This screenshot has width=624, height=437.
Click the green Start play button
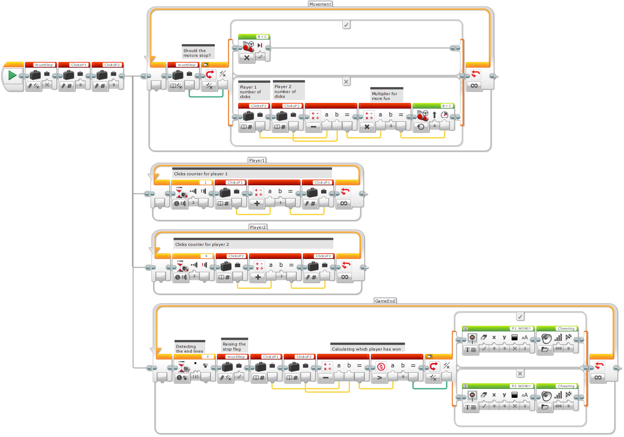[12, 75]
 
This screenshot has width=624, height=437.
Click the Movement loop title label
[320, 4]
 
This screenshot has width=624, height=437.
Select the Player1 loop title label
[257, 160]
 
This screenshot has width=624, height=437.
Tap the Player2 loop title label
[258, 227]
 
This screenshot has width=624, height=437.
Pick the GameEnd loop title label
[385, 301]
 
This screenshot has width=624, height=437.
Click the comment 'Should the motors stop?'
[197, 53]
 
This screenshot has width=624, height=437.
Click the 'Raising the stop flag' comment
[234, 347]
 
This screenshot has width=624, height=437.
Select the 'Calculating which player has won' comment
[366, 349]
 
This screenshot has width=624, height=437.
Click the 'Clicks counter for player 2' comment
[202, 244]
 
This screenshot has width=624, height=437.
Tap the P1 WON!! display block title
[521, 328]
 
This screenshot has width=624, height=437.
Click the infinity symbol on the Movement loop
[474, 86]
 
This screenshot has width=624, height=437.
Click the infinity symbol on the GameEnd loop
[598, 378]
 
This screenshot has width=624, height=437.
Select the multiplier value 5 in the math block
[391, 126]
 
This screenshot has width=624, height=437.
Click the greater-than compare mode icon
[379, 378]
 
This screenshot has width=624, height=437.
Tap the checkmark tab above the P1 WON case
[520, 317]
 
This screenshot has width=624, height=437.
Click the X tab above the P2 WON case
[520, 374]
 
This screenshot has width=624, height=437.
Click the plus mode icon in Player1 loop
[257, 204]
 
